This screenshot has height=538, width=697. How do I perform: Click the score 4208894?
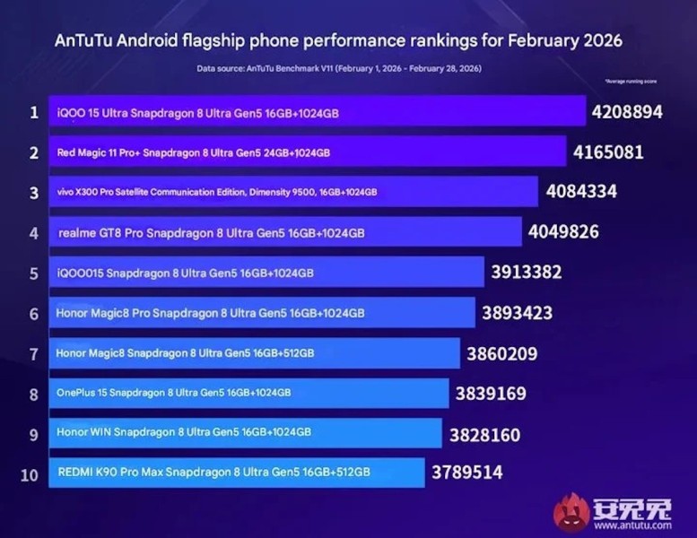627,113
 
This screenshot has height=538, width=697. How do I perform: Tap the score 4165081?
608,152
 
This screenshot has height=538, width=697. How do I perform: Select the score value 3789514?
466,473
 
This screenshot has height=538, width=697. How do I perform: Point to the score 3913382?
526,273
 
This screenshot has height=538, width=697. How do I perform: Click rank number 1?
34,113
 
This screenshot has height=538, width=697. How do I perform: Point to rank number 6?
34,314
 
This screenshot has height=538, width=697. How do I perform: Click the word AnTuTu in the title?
85,41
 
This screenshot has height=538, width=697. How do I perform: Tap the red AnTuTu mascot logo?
571,512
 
